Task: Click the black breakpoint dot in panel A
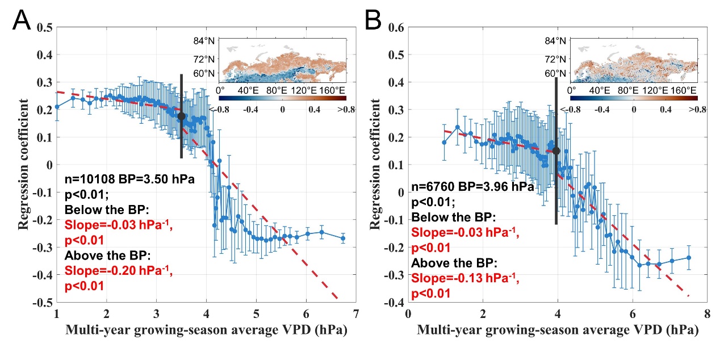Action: [x=182, y=116]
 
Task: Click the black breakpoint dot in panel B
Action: [x=556, y=151]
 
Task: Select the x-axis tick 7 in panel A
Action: [x=356, y=314]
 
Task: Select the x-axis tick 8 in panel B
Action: [x=707, y=314]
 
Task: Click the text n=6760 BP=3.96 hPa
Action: [x=472, y=187]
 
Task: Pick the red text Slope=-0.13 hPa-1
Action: [x=464, y=278]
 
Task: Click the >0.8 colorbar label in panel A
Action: [x=346, y=110]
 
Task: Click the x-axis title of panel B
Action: [x=557, y=329]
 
